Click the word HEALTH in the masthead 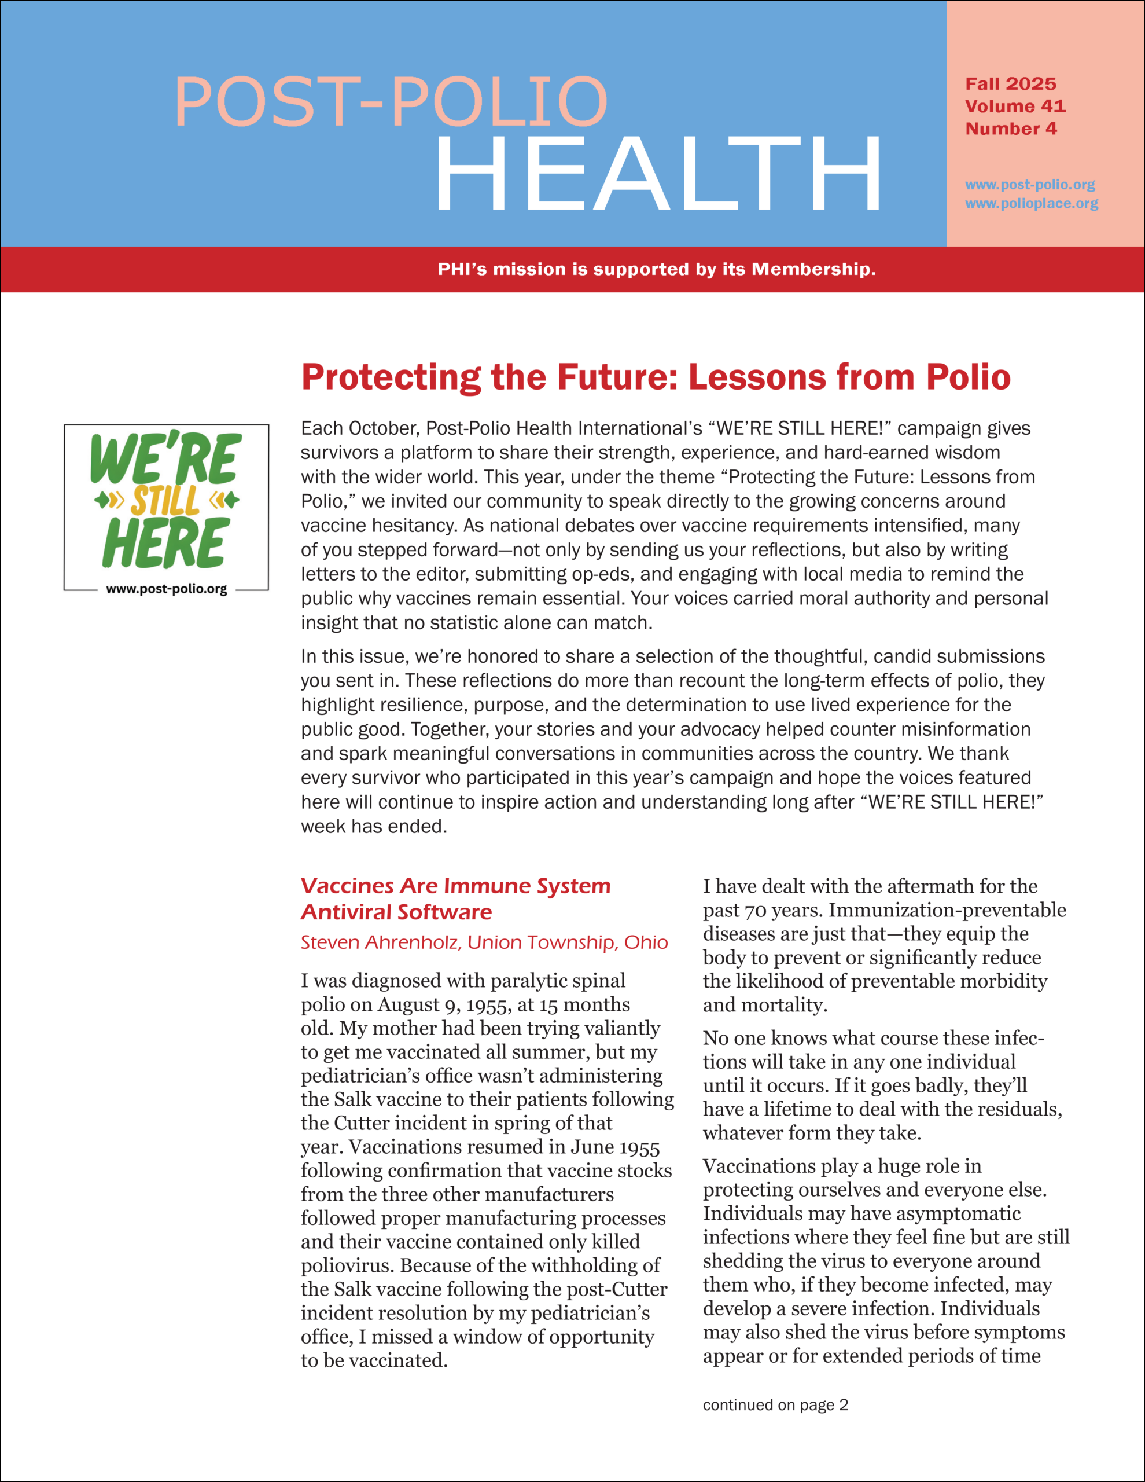point(658,174)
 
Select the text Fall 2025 point(1010,84)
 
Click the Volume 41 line point(1015,107)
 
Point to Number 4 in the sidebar point(1010,129)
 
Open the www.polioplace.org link point(1031,204)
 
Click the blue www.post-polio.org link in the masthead point(1030,185)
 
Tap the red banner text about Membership point(656,269)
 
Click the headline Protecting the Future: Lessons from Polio point(656,377)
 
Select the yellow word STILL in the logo point(165,501)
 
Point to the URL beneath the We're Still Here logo point(166,589)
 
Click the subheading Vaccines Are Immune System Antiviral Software point(455,898)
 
